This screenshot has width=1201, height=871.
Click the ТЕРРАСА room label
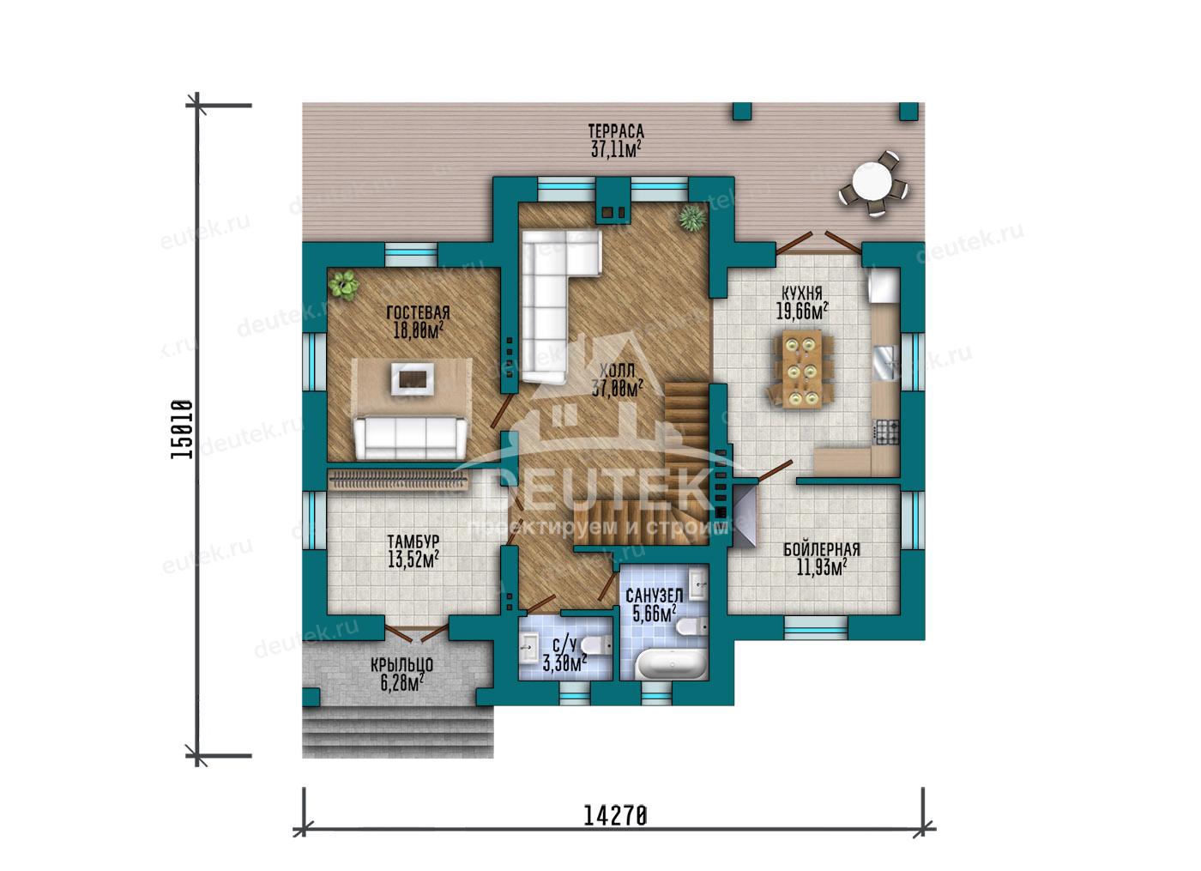tap(616, 131)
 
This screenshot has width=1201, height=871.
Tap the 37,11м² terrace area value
tap(616, 149)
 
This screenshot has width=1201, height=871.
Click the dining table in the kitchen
tap(802, 369)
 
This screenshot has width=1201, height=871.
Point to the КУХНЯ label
tap(801, 293)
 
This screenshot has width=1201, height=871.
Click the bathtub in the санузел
tap(672, 664)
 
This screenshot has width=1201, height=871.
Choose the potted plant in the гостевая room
tap(343, 284)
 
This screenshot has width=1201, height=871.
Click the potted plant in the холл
tap(691, 217)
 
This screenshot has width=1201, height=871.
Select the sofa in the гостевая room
tap(410, 439)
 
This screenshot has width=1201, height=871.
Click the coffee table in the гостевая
tap(412, 378)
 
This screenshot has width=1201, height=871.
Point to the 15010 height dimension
tap(181, 430)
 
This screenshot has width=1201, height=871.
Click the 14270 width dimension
tap(615, 816)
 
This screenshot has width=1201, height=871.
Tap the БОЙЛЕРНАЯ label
tap(822, 550)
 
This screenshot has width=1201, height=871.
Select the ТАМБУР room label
tap(413, 541)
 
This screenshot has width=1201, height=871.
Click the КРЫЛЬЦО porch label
tap(401, 665)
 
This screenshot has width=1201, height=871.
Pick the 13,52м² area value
tap(413, 559)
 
